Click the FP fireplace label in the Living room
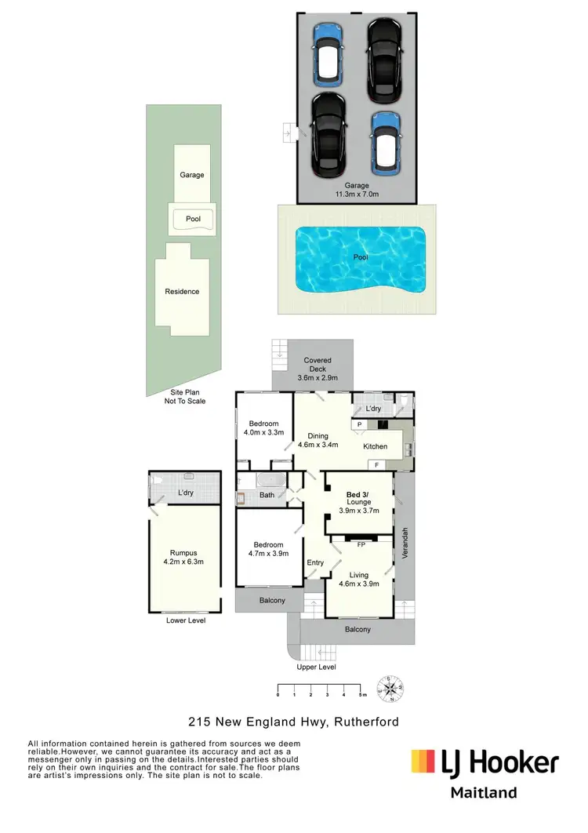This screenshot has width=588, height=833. [361, 544]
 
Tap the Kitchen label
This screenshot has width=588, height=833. [376, 446]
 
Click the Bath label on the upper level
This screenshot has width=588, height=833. [267, 495]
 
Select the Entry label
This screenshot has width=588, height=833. [315, 562]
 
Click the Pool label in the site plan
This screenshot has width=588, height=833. [192, 219]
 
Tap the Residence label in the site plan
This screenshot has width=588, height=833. [182, 291]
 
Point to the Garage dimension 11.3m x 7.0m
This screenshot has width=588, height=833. [357, 195]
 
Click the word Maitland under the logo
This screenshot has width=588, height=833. [483, 792]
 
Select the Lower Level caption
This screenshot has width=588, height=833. [186, 620]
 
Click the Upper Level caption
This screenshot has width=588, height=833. [316, 667]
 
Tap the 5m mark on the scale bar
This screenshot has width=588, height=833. [361, 695]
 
